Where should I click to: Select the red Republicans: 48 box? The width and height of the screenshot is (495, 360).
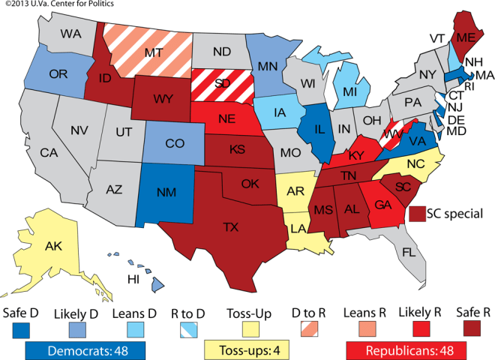coord(406,350)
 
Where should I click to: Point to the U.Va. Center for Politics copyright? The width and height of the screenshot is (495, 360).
coord(56,7)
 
